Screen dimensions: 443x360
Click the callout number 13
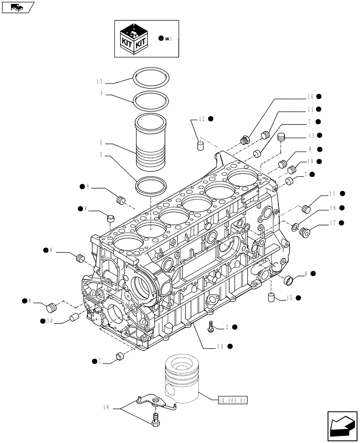tap(100, 82)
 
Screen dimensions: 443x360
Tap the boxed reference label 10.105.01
tap(233, 400)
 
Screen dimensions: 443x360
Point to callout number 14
tap(309, 96)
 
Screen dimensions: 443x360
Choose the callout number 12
tap(202, 119)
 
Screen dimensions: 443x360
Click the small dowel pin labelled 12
tap(200, 145)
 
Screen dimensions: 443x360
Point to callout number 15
tap(288, 298)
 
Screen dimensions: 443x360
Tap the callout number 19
tap(309, 162)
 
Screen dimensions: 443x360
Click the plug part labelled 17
tap(305, 231)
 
